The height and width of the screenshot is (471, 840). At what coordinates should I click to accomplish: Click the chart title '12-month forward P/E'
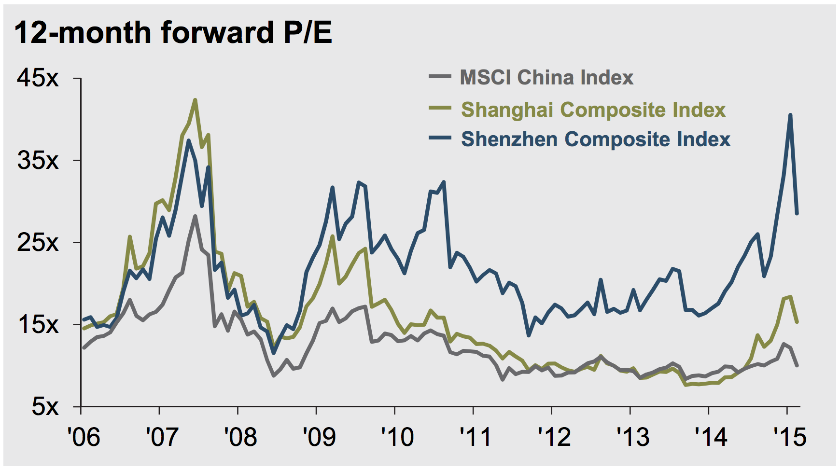(x=173, y=33)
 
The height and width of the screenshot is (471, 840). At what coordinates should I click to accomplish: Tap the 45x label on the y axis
(x=39, y=78)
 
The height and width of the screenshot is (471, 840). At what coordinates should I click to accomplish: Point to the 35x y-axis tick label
(x=39, y=160)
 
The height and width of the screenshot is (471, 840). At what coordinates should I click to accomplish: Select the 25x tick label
(x=39, y=242)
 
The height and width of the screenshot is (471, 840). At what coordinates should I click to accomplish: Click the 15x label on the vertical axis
(x=39, y=324)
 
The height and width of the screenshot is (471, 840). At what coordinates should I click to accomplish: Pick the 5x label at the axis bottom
(x=45, y=407)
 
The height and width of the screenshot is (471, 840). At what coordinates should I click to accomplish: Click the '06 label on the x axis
(x=84, y=437)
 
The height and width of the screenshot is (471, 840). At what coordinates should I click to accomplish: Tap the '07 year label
(x=161, y=437)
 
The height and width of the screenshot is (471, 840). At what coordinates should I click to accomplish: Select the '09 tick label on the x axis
(x=318, y=437)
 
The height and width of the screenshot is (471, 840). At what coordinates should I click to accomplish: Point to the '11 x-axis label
(x=475, y=437)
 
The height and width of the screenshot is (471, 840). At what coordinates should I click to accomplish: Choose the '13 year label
(x=632, y=437)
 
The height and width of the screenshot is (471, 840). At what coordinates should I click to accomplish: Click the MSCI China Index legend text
(x=546, y=78)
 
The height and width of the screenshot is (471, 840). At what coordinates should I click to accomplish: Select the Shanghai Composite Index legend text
(x=593, y=110)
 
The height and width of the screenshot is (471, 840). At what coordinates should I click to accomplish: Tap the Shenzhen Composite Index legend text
(x=595, y=139)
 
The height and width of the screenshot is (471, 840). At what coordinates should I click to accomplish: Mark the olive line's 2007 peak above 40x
(x=195, y=100)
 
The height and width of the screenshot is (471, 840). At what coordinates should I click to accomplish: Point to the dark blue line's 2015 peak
(x=790, y=115)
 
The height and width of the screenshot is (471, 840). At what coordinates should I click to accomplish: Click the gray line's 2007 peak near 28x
(x=195, y=216)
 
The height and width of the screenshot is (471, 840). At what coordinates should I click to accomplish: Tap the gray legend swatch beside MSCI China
(x=440, y=77)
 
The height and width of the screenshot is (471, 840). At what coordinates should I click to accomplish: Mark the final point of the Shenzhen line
(x=797, y=213)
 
